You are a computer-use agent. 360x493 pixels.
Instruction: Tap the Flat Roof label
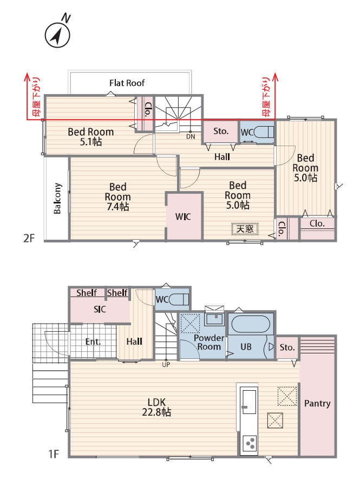127,83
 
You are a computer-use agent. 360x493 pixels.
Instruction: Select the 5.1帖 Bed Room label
90,137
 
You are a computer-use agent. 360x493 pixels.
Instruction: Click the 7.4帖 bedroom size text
117,207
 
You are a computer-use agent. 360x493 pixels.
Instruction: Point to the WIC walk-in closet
184,216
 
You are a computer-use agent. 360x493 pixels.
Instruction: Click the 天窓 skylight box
245,229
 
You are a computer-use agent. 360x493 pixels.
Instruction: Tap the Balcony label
57,199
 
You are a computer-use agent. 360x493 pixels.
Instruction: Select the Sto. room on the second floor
220,132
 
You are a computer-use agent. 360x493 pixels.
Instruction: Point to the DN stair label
191,137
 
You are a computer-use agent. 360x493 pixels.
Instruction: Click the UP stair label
166,365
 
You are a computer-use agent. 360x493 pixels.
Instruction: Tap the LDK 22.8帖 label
156,407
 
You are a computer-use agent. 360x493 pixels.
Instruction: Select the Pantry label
317,403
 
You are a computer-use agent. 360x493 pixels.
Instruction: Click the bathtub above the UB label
250,324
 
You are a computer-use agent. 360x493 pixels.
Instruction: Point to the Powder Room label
209,343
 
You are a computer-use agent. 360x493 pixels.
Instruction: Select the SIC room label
100,310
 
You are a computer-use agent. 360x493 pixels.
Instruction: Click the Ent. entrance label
93,341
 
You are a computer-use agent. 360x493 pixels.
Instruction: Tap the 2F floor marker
29,238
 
